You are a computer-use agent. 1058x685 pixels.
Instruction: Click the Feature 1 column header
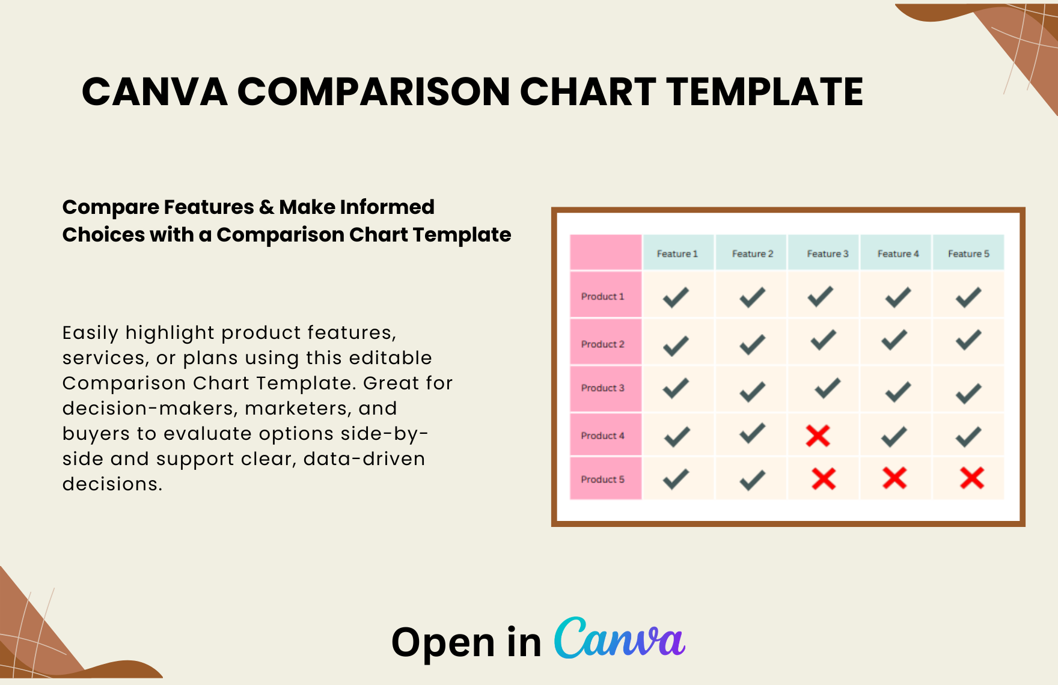tap(677, 254)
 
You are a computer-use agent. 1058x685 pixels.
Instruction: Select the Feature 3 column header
tap(827, 254)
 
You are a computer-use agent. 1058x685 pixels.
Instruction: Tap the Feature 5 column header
tap(968, 254)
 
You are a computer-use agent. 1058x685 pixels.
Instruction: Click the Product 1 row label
tap(602, 296)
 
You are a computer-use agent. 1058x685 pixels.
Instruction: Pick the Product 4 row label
tap(602, 436)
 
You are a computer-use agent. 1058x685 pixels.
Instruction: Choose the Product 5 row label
tap(602, 479)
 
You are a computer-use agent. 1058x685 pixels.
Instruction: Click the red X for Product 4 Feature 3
tap(818, 436)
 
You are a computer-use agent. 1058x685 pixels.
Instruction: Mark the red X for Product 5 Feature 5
tap(971, 478)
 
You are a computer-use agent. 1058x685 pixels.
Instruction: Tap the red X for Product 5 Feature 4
tap(894, 478)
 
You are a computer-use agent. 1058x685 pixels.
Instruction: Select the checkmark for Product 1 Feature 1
tap(676, 297)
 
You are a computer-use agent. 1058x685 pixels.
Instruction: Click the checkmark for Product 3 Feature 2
tap(752, 392)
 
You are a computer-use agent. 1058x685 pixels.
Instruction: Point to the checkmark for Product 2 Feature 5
tap(968, 340)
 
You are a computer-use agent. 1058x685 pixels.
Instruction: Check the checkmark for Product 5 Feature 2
tap(752, 480)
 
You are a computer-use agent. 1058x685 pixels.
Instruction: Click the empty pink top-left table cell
tap(605, 252)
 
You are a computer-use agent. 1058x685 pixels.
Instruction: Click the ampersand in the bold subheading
tap(266, 207)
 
